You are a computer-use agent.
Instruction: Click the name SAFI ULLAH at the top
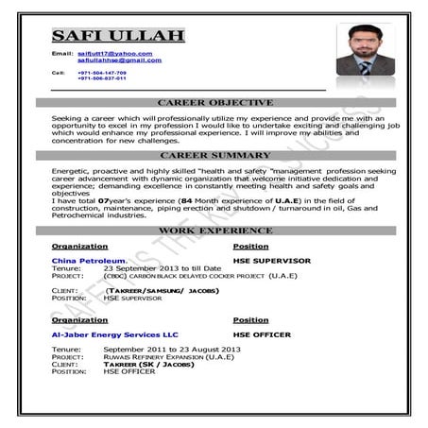coord(117,36)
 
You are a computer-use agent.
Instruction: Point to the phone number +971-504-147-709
coord(101,72)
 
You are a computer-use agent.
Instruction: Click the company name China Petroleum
coord(88,260)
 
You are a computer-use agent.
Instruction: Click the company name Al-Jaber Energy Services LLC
coord(114,334)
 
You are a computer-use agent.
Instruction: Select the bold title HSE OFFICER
coord(262,334)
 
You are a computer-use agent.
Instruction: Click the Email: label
coord(61,54)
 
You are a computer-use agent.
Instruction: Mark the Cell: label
coord(58,72)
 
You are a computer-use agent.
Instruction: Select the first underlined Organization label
coord(79,246)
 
